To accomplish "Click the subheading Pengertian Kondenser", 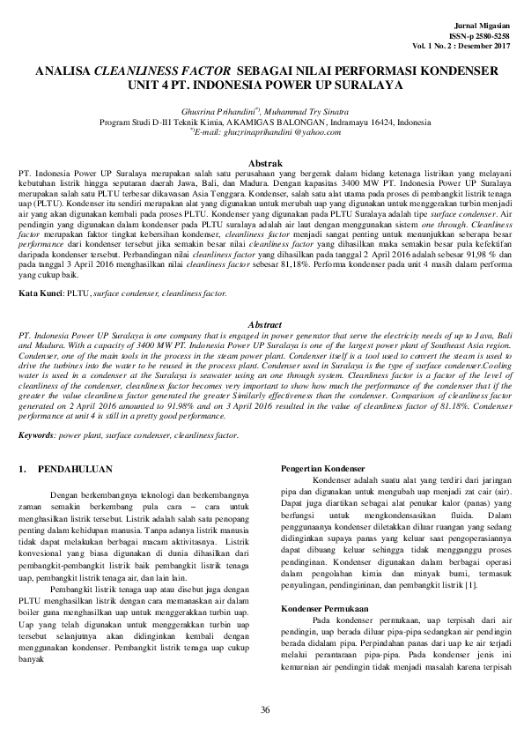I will click(x=315, y=467).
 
